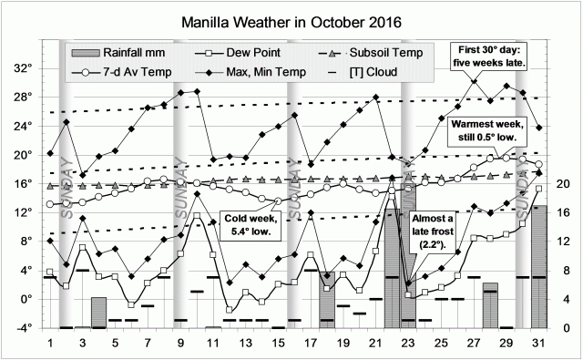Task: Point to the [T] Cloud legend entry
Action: pyautogui.click(x=373, y=71)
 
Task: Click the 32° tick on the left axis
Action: pyautogui.click(x=22, y=68)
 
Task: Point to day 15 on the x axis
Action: pyautogui.click(x=278, y=342)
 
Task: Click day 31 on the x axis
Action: pyautogui.click(x=539, y=342)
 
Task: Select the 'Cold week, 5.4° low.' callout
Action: pyautogui.click(x=251, y=225)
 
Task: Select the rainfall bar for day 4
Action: pyautogui.click(x=98, y=313)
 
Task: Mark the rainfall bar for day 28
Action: pyautogui.click(x=490, y=305)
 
